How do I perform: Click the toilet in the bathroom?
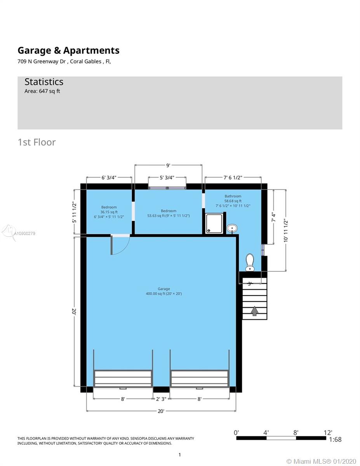pyautogui.click(x=250, y=263)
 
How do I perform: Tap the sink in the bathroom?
pyautogui.click(x=232, y=228)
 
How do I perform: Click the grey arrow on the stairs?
pyautogui.click(x=254, y=311)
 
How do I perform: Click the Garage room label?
pyautogui.click(x=164, y=289)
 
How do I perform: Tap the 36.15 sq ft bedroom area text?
pyautogui.click(x=109, y=212)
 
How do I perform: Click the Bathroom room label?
pyautogui.click(x=233, y=196)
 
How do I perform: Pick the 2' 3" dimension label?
pyautogui.click(x=161, y=399)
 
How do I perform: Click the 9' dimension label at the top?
pyautogui.click(x=168, y=165)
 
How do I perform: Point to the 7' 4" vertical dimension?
pyautogui.click(x=273, y=217)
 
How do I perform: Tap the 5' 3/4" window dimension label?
pyautogui.click(x=167, y=177)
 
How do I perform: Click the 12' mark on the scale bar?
pyautogui.click(x=328, y=433)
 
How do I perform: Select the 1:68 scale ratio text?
pyautogui.click(x=336, y=440)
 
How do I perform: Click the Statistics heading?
pyautogui.click(x=44, y=82)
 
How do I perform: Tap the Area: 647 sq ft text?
pyautogui.click(x=42, y=91)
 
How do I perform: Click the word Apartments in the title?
pyautogui.click(x=91, y=50)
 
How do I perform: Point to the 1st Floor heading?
pyautogui.click(x=37, y=142)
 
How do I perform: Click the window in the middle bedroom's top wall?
pyautogui.click(x=167, y=188)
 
